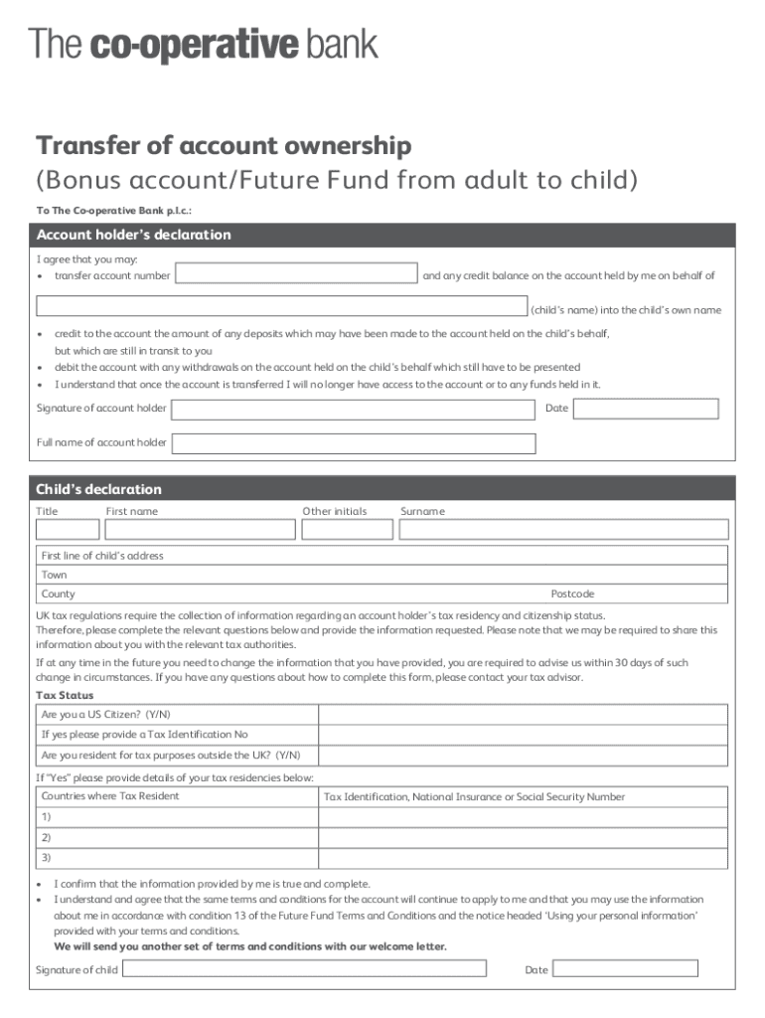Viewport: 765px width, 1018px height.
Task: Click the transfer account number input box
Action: click(x=296, y=274)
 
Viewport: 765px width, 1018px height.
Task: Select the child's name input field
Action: click(x=281, y=307)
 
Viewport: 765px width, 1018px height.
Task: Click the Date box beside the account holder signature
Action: click(x=645, y=409)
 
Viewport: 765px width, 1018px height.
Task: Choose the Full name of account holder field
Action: click(x=353, y=442)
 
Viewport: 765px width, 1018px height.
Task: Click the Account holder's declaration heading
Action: click(x=134, y=235)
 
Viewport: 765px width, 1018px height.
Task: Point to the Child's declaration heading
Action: click(x=99, y=489)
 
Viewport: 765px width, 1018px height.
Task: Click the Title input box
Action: click(x=68, y=529)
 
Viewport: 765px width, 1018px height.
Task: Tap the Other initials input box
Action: click(x=347, y=529)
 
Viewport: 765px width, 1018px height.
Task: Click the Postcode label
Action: click(x=572, y=594)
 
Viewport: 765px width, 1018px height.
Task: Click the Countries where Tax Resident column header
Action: click(x=110, y=796)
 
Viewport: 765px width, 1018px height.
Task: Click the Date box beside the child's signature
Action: click(x=625, y=969)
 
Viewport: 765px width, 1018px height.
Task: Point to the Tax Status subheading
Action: click(x=65, y=696)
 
